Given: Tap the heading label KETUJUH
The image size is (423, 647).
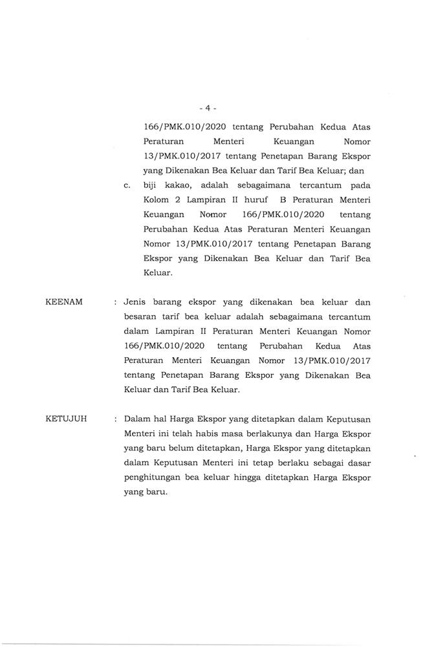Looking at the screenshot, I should point(67,419).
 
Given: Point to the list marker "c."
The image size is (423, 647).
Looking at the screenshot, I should point(127,186).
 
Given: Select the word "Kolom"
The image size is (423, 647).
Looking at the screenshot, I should point(158,200).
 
